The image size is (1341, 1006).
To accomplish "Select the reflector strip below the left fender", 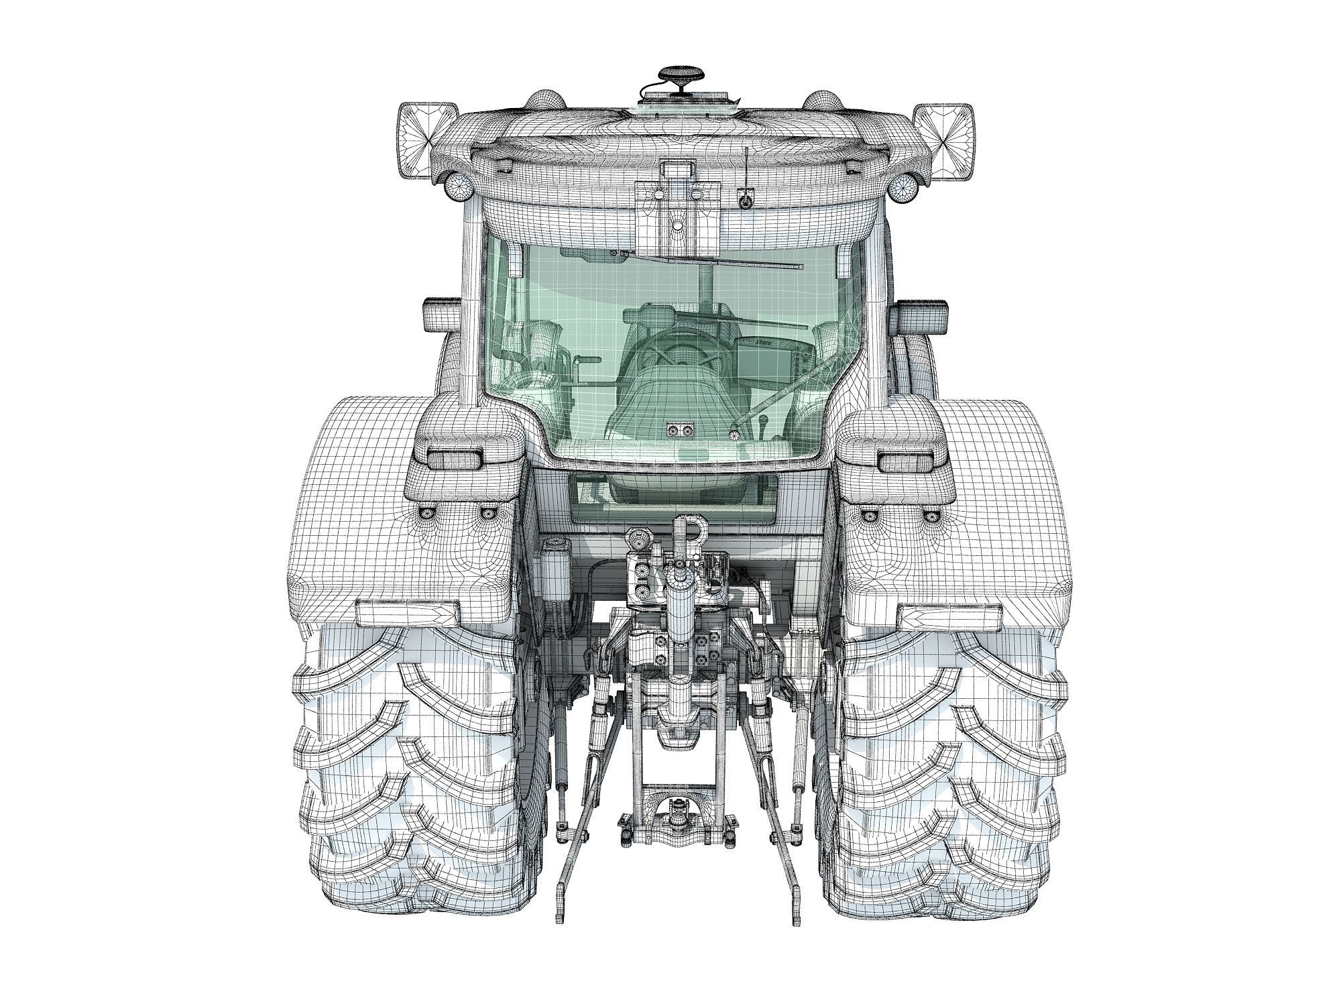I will point(409,612).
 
